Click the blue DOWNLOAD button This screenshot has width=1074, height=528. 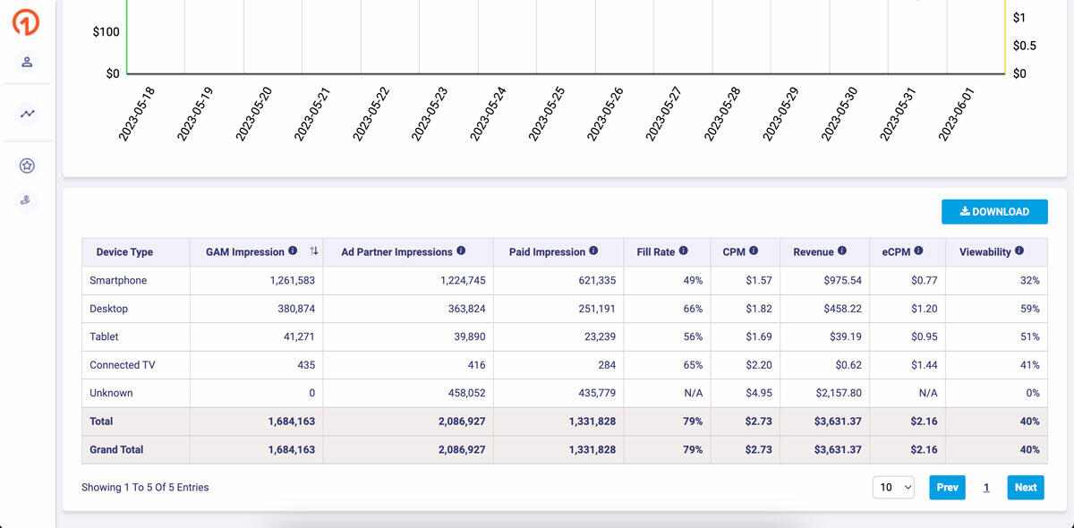[994, 212]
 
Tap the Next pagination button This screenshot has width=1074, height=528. [1025, 488]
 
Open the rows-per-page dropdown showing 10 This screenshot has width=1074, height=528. [894, 488]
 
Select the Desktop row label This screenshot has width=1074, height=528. [109, 309]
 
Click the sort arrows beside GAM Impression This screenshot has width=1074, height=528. [313, 251]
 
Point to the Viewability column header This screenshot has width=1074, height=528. [984, 252]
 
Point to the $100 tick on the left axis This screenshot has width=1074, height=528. [106, 32]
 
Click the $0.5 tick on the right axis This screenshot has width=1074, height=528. [1024, 46]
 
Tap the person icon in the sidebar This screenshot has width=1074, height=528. [27, 62]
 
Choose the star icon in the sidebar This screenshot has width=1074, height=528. [27, 166]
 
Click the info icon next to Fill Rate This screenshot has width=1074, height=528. [683, 251]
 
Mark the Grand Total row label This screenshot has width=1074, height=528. [116, 449]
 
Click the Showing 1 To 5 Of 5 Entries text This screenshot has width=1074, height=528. [145, 488]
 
